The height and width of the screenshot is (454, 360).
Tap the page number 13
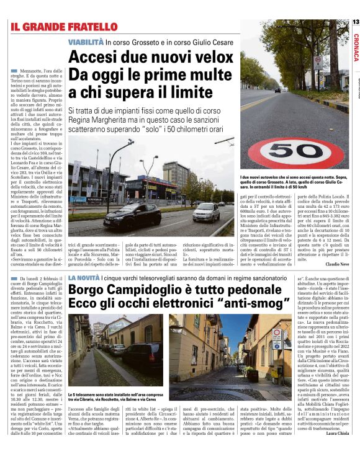[355, 22]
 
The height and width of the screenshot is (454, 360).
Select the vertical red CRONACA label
[355, 46]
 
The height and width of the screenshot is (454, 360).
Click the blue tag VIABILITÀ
[86, 42]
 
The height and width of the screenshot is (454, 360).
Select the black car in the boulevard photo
[132, 216]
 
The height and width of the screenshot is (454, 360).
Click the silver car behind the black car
[205, 213]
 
